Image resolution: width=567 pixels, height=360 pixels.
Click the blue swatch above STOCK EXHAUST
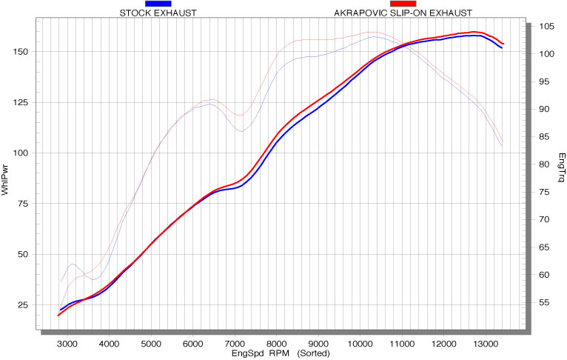(x=158, y=4)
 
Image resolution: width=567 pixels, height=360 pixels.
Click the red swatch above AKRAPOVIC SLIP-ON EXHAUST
(x=403, y=4)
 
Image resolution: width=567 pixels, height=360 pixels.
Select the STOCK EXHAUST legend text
(x=158, y=13)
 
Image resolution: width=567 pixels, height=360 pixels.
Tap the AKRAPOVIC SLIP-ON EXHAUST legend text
(x=403, y=13)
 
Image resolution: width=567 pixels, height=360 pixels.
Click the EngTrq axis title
(x=561, y=167)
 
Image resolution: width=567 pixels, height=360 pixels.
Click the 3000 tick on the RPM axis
(x=67, y=344)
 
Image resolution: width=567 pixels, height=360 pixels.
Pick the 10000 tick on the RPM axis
(x=360, y=344)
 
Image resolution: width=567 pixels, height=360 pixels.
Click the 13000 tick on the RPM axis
(x=486, y=344)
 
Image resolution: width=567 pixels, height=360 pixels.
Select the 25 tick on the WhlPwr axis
(x=24, y=304)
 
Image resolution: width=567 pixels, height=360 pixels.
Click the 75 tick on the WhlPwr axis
(x=24, y=204)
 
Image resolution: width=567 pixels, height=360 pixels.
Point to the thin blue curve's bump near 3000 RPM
(x=73, y=264)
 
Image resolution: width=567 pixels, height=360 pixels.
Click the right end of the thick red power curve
(x=503, y=44)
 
